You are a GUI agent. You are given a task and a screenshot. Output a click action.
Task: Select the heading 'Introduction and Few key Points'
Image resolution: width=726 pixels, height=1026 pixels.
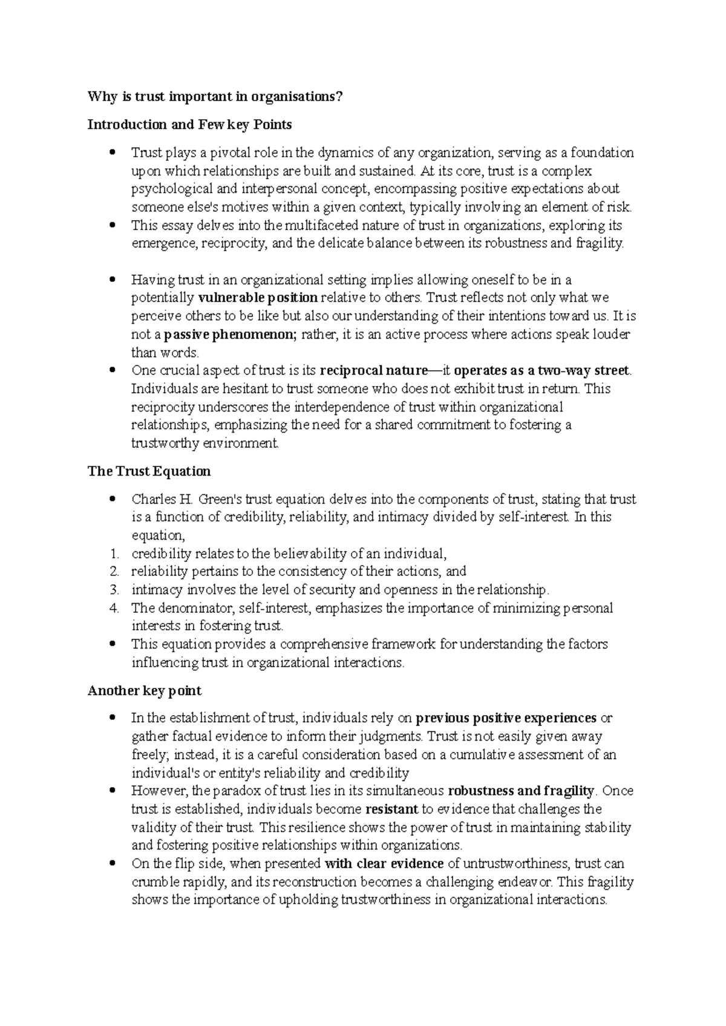click(189, 125)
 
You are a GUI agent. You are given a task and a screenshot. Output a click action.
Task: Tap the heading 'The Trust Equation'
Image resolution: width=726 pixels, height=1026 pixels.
click(149, 471)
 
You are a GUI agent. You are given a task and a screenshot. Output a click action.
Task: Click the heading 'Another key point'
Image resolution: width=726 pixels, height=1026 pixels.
click(145, 690)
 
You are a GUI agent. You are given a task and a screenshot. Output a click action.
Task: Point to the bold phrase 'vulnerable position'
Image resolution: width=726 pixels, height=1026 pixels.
click(258, 298)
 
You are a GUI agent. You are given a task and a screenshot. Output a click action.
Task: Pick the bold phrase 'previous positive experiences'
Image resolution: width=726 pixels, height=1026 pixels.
click(506, 718)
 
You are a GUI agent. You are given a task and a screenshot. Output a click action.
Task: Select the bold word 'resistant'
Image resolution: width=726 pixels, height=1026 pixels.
click(392, 809)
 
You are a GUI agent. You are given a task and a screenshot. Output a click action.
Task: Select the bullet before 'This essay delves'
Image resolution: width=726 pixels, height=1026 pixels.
click(111, 226)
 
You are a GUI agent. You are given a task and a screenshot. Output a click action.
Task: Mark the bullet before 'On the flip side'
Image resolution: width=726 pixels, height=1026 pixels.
click(111, 864)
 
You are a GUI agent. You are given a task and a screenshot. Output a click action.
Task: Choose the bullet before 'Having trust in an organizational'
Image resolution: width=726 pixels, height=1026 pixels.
click(111, 280)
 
